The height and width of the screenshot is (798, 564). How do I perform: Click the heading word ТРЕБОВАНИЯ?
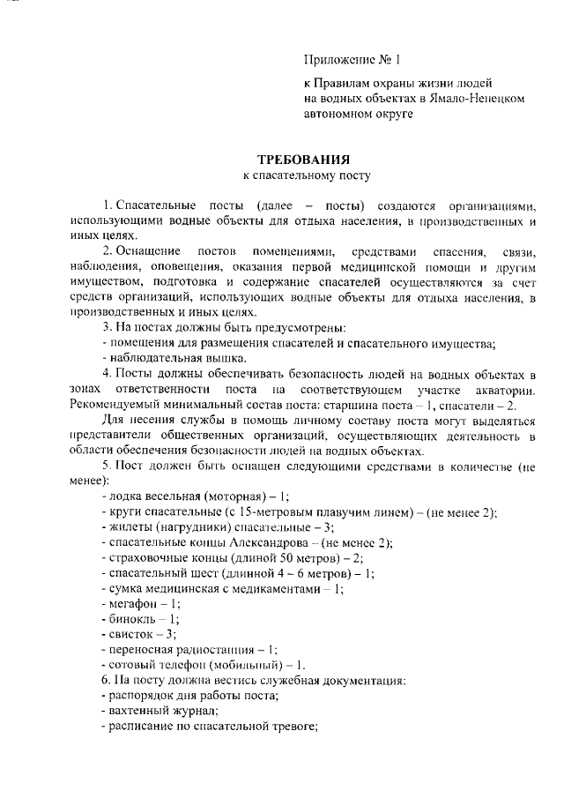[x=303, y=160]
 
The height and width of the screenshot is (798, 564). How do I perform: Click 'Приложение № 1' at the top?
[x=352, y=61]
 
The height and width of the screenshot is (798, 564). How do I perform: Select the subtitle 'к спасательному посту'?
[x=303, y=176]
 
